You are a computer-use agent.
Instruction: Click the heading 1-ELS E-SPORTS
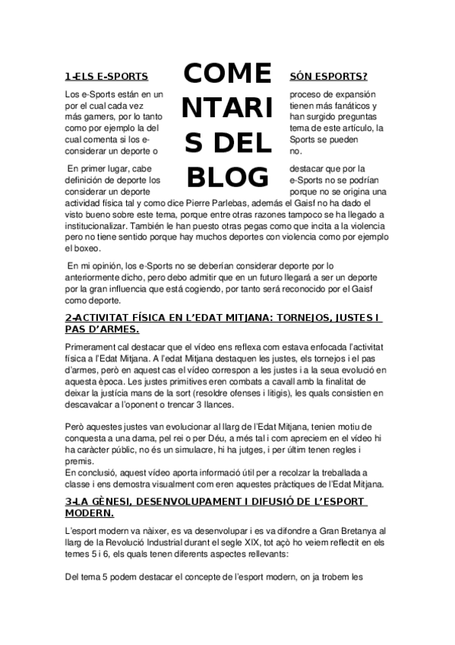click(106, 77)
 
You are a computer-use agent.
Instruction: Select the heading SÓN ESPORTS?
click(329, 77)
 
